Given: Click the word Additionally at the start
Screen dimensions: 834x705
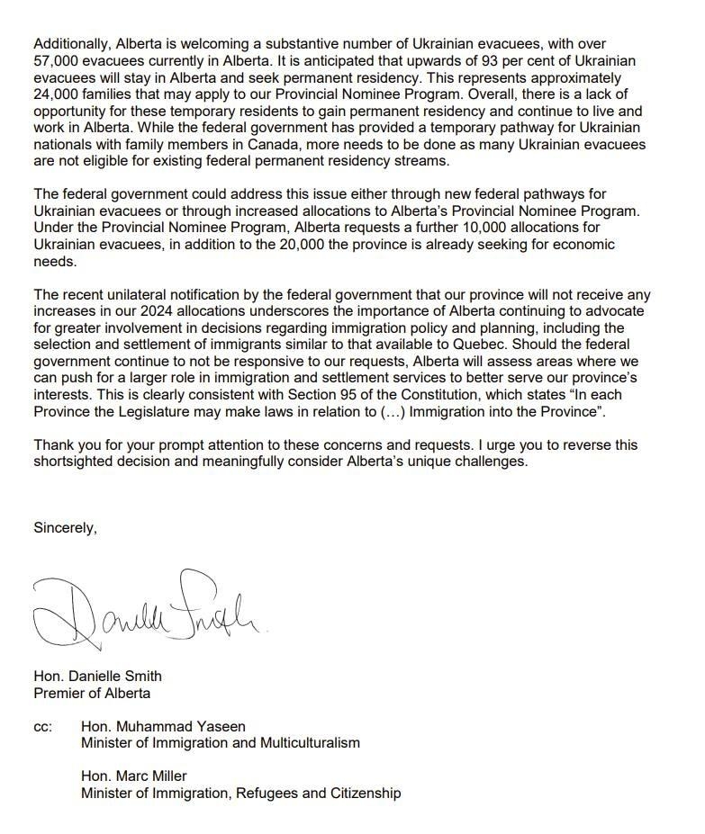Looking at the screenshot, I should pyautogui.click(x=68, y=43).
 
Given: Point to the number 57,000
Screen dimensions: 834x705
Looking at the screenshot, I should pyautogui.click(x=55, y=60).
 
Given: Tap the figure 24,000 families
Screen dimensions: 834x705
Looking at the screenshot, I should pyautogui.click(x=55, y=94).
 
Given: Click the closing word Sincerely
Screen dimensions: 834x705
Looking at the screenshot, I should pyautogui.click(x=65, y=528).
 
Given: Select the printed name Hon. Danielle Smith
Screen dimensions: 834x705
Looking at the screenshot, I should pyautogui.click(x=98, y=676).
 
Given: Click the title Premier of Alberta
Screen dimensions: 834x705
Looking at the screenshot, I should pyautogui.click(x=92, y=693).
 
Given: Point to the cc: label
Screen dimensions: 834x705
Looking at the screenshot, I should pyautogui.click(x=43, y=726).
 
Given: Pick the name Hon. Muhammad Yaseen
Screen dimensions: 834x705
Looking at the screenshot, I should pyautogui.click(x=163, y=726).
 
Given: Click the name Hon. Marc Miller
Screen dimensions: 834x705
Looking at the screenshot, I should pyautogui.click(x=134, y=776).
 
